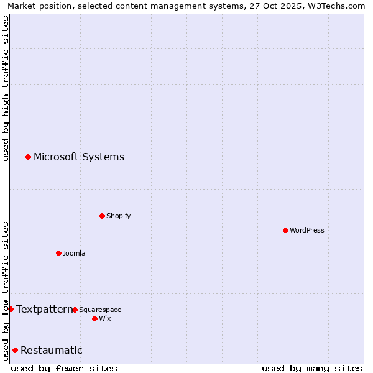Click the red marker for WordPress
coord(285,230)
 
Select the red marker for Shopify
coord(102,216)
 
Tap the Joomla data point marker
coord(58,253)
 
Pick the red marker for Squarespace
coord(75,310)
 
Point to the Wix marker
coord(94,318)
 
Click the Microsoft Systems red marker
coord(28,157)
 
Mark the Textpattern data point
coord(11,309)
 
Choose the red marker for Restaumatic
coord(15,350)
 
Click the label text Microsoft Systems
coord(79,157)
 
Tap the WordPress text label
coord(307,230)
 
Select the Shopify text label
coord(118,216)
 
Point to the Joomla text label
coord(74,253)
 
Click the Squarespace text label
coord(100,310)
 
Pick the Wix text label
coord(104,318)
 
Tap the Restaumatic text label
coord(52,350)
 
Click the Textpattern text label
coord(44,309)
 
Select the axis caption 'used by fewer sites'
coord(64,368)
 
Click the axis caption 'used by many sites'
coord(312,368)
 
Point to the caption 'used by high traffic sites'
coord(6,88)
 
